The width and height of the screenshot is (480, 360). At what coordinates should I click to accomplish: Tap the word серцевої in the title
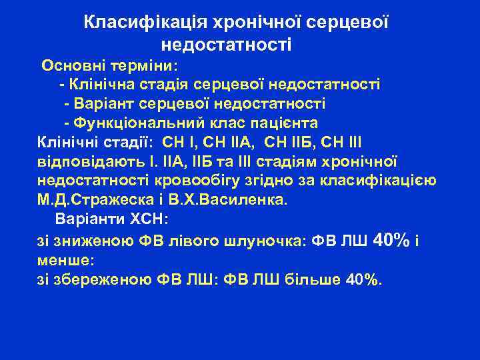[347, 23]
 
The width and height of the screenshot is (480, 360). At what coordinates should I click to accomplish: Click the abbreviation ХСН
[151, 219]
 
